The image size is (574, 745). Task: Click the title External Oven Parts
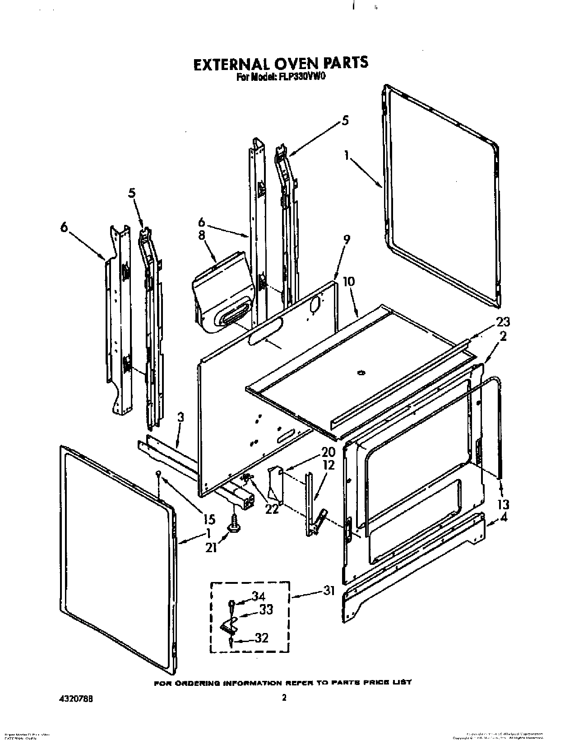[x=280, y=63]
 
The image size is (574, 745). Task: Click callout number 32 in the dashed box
[x=261, y=638]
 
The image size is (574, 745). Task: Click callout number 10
[x=348, y=282]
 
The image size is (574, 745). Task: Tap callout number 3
[x=180, y=418]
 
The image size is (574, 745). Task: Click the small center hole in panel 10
[x=360, y=372]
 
